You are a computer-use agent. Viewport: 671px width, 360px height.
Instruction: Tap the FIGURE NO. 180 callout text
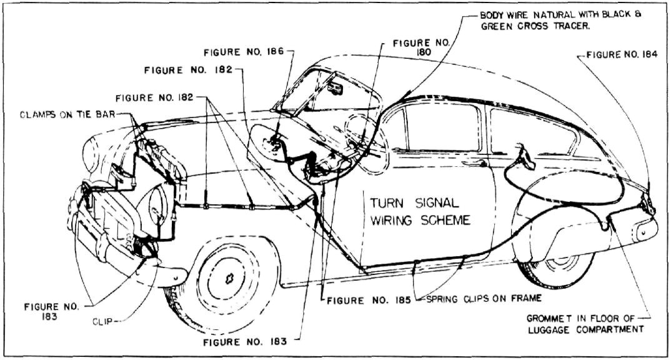(421, 48)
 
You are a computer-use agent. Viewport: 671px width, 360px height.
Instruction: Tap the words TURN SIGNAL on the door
(415, 203)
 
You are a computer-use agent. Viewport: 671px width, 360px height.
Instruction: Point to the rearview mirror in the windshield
(337, 87)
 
